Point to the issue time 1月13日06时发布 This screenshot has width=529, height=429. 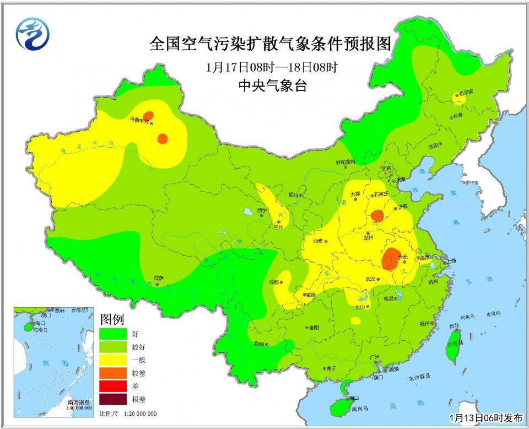486,417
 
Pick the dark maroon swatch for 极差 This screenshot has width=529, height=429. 112,399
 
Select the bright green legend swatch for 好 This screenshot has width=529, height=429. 112,334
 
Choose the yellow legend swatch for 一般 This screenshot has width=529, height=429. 112,360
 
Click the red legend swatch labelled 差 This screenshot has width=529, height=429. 112,386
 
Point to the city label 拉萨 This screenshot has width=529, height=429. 159,278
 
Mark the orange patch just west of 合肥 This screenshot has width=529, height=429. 391,259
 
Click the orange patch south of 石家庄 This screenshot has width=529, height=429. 377,215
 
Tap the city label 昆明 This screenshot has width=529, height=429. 258,343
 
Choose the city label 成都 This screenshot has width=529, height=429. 274,282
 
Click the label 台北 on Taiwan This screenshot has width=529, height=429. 454,325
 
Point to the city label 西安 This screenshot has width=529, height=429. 319,241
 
